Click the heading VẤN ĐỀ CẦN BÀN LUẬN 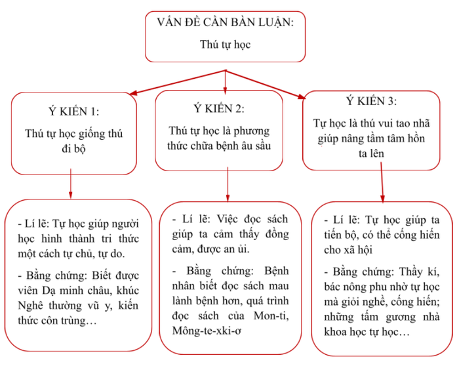pos(225,22)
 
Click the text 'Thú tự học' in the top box pos(225,45)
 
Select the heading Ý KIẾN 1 pos(73,112)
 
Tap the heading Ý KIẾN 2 pos(218,108)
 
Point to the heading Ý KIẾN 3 pos(371,101)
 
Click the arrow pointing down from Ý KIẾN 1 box pos(71,184)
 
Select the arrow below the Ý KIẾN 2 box pos(228,184)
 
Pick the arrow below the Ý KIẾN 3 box pos(382,182)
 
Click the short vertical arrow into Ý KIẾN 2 pos(225,82)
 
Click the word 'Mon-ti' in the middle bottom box pos(271,316)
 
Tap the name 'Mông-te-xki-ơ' pos(207,331)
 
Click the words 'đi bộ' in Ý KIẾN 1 pos(73,149)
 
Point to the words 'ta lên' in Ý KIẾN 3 pos(371,153)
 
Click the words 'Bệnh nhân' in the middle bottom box pos(230,278)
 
